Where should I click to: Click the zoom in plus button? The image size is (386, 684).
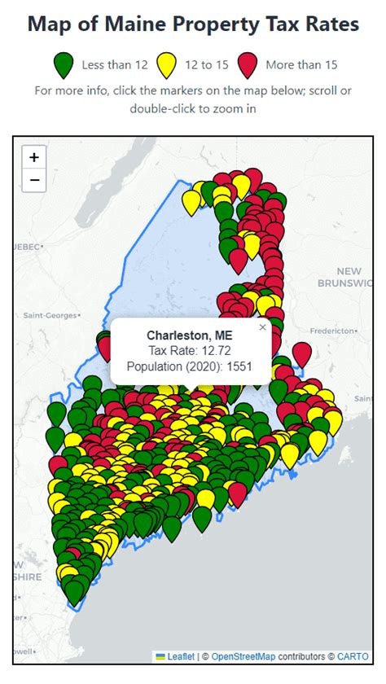(x=33, y=157)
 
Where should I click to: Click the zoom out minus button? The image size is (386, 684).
(x=33, y=180)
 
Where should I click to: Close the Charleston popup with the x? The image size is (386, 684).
(x=262, y=327)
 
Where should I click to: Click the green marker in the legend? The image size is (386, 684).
(x=63, y=64)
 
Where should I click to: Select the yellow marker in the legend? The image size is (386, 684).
(x=168, y=64)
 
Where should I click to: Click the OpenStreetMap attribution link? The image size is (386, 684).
(x=243, y=655)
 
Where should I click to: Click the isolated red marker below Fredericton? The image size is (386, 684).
(x=301, y=353)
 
